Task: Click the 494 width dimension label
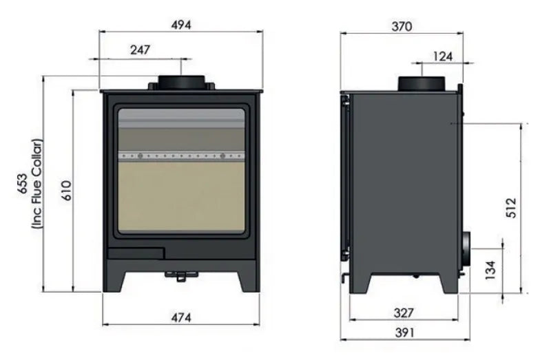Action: [x=181, y=24]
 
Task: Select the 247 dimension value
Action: [x=139, y=50]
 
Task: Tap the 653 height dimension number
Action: [x=23, y=185]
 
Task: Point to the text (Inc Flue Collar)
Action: [x=38, y=185]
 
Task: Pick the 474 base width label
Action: [x=181, y=317]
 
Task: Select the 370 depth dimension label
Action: [x=401, y=27]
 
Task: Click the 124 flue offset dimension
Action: [x=443, y=56]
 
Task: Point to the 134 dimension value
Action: [x=490, y=270]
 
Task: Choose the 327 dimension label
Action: [x=404, y=313]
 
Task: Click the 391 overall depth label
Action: [x=404, y=332]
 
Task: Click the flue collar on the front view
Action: [x=181, y=82]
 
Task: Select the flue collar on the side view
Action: [x=422, y=83]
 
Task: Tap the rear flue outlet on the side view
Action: [x=466, y=247]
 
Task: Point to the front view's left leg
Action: [x=116, y=279]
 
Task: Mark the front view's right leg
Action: [x=247, y=279]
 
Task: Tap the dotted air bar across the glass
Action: [x=181, y=156]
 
